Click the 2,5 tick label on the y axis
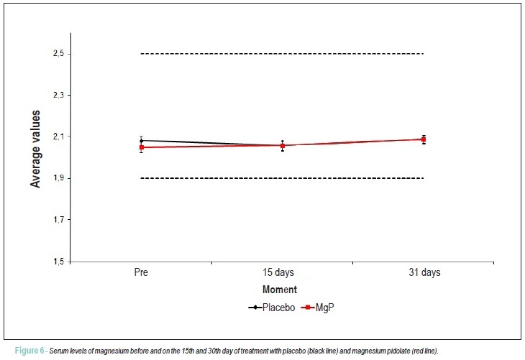coord(58,53)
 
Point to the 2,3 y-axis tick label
coord(58,96)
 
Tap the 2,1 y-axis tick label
coord(58,137)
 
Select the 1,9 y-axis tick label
coord(58,178)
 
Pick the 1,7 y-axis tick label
coord(58,220)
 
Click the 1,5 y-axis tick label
coord(58,262)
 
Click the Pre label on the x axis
coord(141,272)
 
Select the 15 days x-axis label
coord(278,272)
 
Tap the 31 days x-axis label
coord(424,272)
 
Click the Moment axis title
coord(280,290)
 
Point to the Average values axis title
coord(35,149)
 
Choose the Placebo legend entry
coord(272,308)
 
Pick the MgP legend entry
coord(317,308)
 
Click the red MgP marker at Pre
coord(142,147)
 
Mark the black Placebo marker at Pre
coord(141,141)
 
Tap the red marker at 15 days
coord(283,146)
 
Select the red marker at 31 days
coord(424,139)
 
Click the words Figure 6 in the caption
coord(29,351)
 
